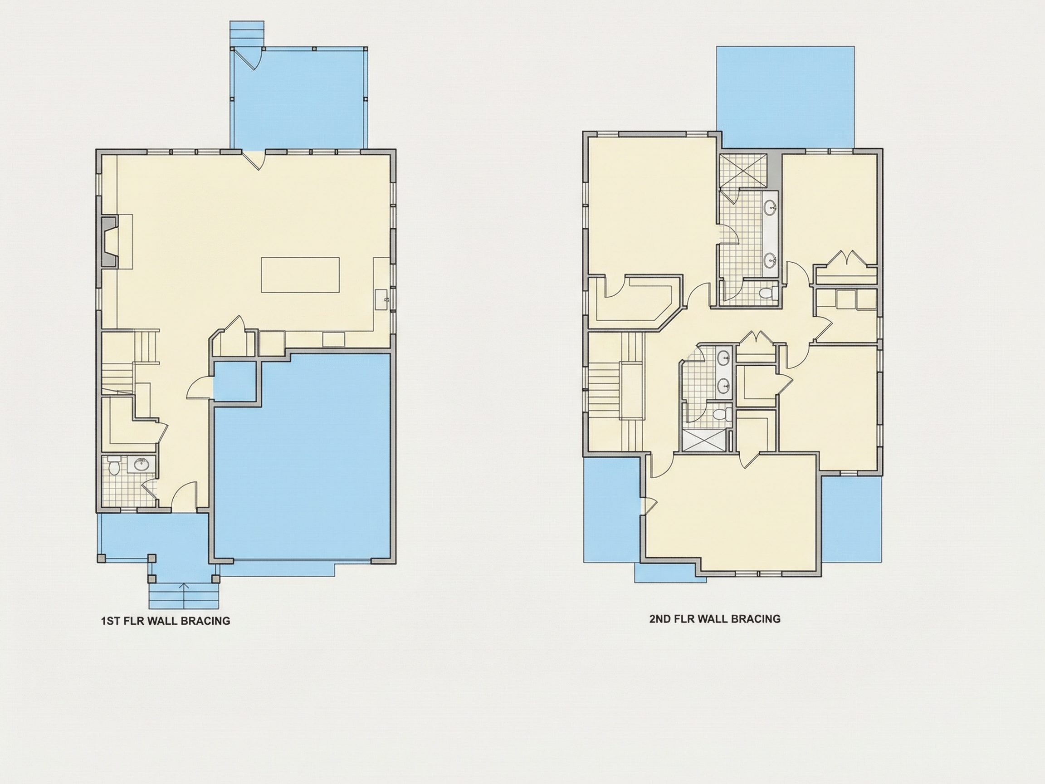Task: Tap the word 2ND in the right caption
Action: (x=660, y=618)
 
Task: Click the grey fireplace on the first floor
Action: (x=110, y=242)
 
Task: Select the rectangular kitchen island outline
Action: (x=300, y=275)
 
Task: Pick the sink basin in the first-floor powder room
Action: (x=140, y=465)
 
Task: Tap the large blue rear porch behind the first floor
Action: (x=298, y=98)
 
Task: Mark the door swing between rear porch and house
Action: (x=255, y=160)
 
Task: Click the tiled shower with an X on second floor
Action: (x=741, y=171)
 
